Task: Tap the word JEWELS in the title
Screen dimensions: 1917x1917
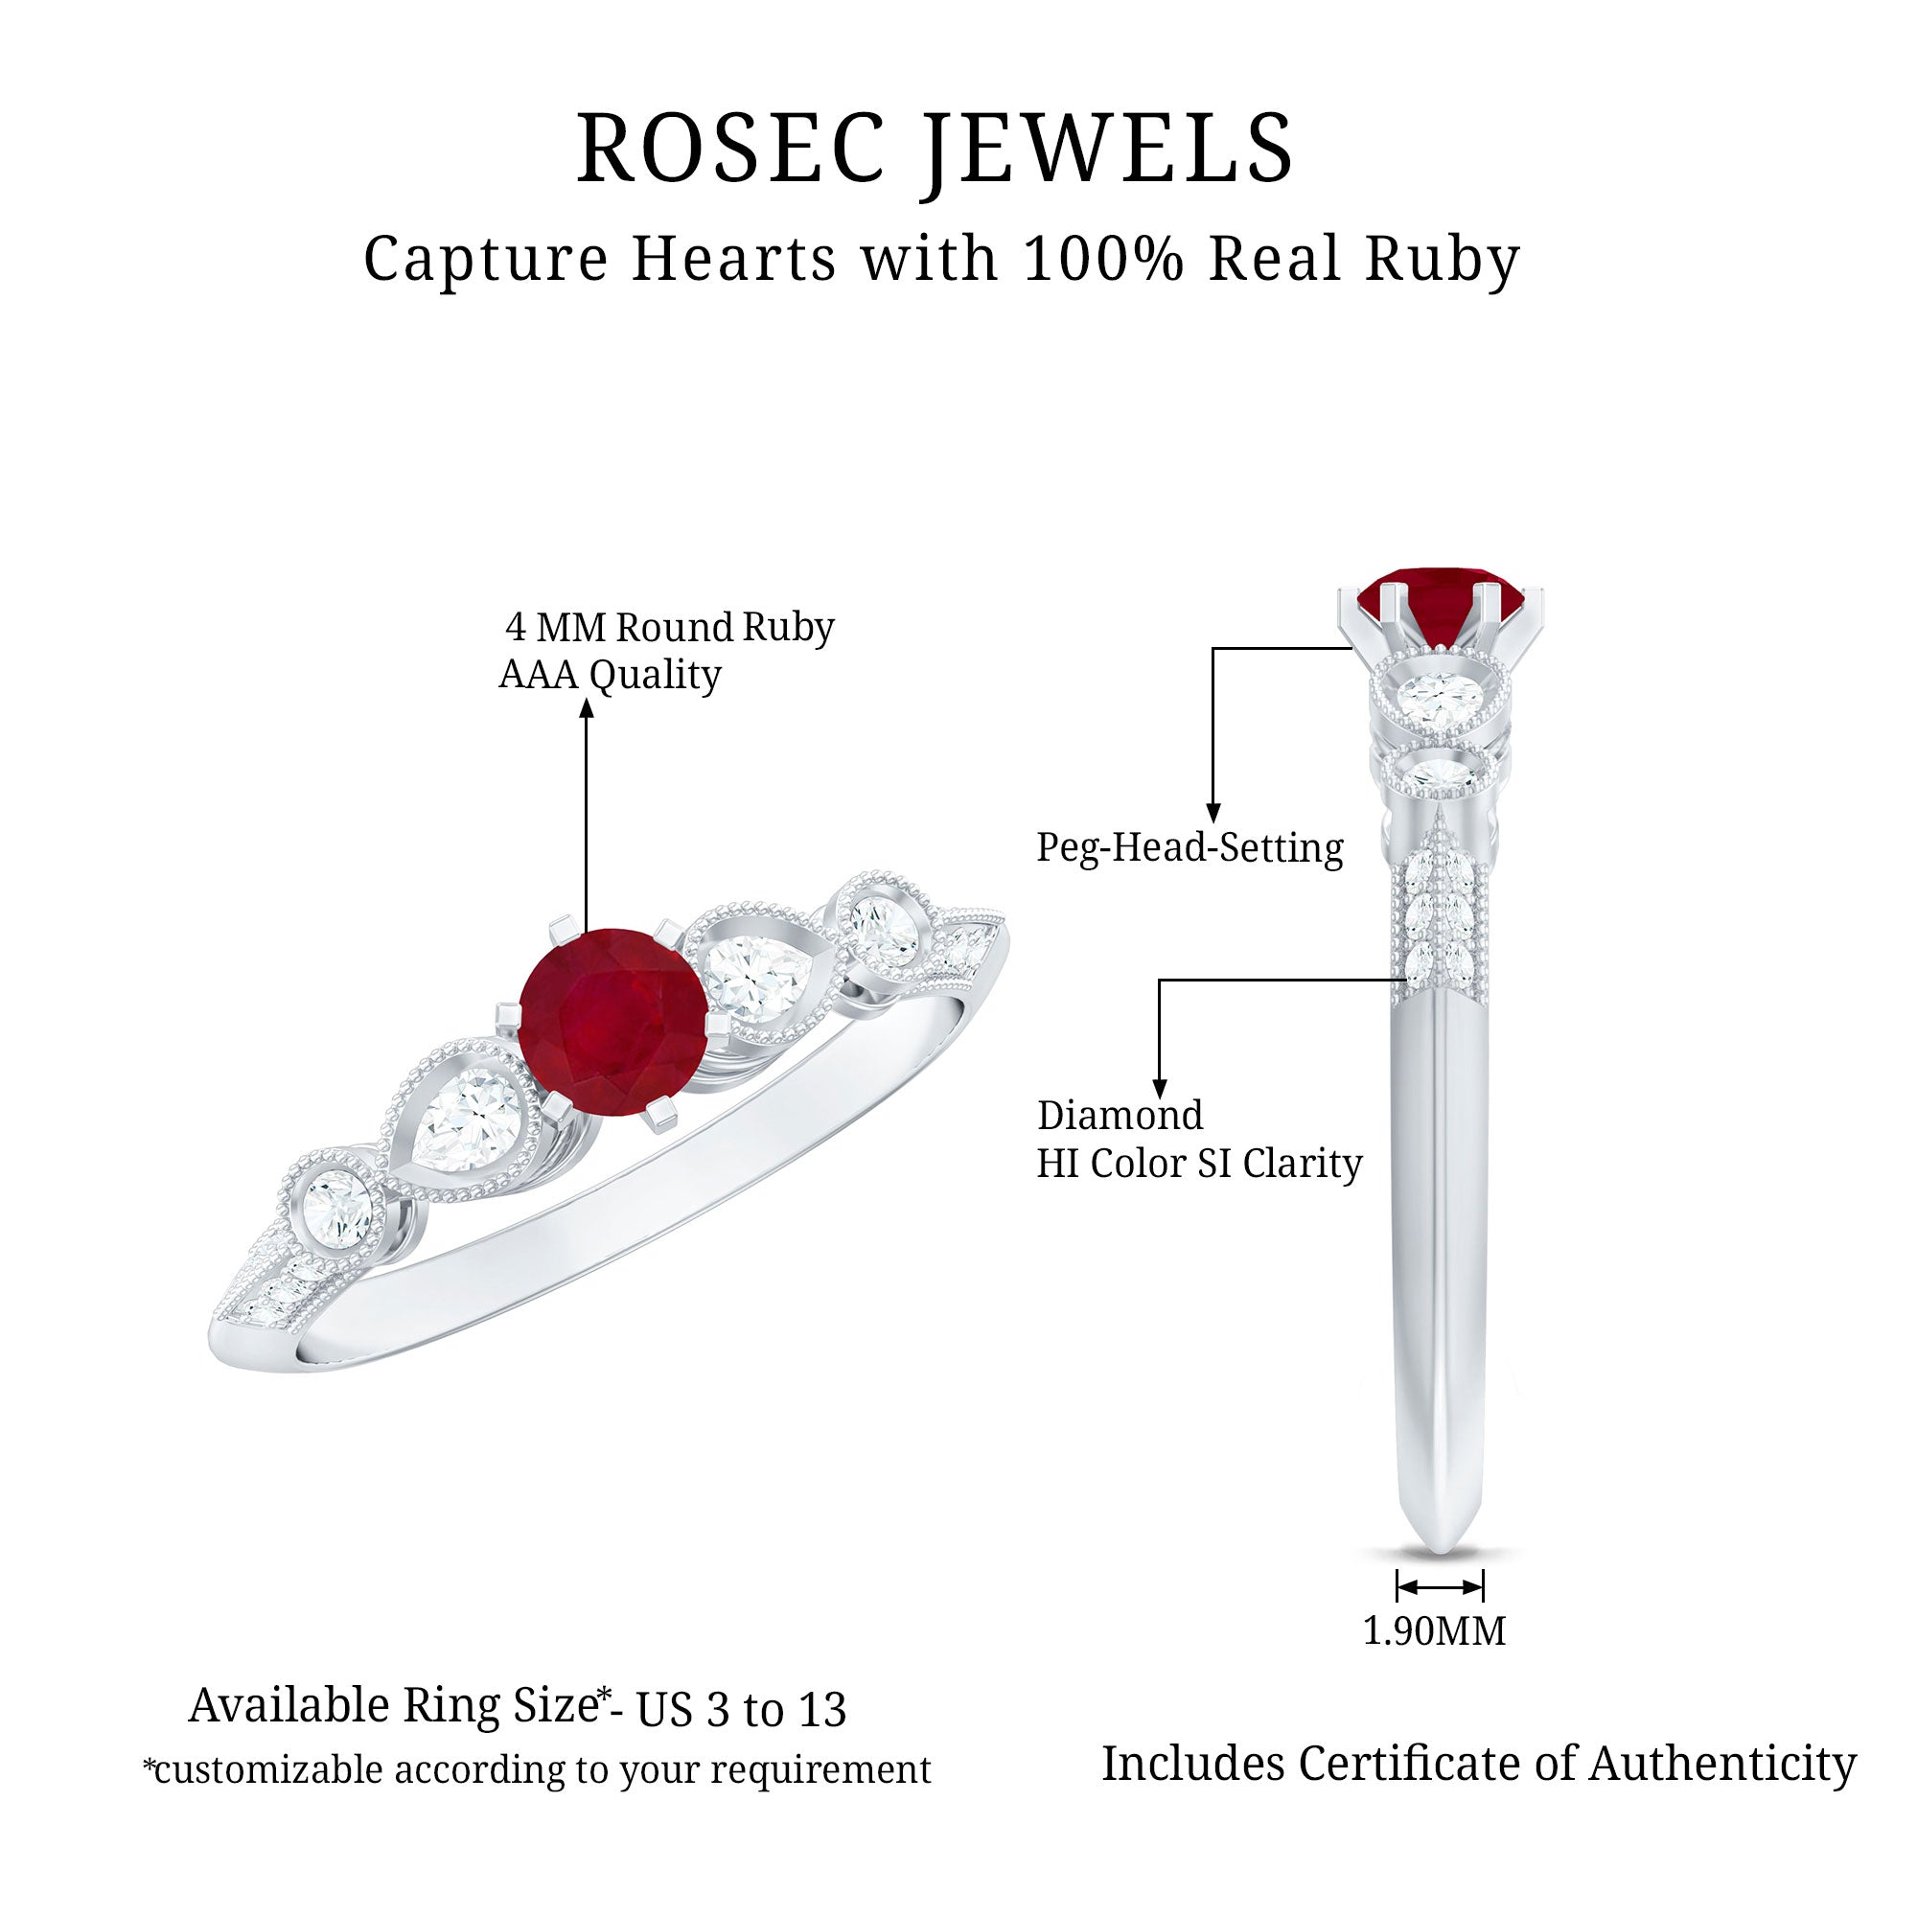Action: click(1108, 151)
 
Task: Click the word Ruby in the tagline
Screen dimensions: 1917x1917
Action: click(1443, 260)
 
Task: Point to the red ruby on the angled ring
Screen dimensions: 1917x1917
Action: click(612, 1022)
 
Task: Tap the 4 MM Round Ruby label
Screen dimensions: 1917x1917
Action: click(670, 627)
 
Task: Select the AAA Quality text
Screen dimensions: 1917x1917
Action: click(611, 676)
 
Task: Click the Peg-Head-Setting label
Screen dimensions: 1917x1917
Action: click(1189, 848)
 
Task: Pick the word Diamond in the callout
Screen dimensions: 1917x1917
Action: click(1120, 1116)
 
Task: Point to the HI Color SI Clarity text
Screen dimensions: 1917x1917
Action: click(1200, 1164)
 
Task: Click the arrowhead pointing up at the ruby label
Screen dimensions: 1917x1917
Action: click(587, 706)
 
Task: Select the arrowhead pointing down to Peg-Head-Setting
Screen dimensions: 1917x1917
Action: click(1213, 814)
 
